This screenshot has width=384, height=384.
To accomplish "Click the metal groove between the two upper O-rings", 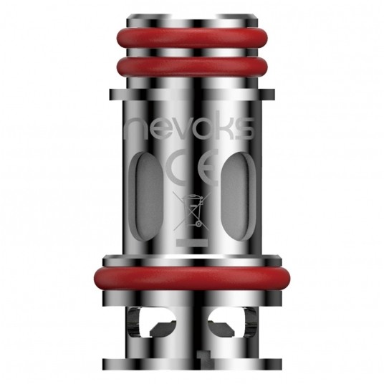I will (x=191, y=54).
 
